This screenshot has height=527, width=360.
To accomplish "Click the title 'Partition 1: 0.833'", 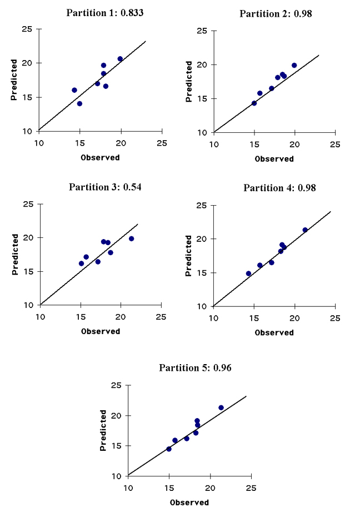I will (104, 13).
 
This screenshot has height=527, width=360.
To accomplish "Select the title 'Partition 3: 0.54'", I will (105, 187).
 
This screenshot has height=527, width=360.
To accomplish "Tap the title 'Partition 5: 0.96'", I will (195, 367).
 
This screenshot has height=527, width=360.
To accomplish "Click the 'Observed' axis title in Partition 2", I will (274, 158).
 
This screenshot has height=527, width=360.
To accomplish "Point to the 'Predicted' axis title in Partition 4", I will (189, 255).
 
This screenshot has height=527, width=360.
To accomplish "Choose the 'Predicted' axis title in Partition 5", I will (103, 430).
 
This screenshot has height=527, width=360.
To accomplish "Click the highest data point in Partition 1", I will (120, 59).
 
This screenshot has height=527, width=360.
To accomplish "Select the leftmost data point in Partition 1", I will (74, 90).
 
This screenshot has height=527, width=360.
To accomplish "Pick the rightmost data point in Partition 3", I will (131, 238).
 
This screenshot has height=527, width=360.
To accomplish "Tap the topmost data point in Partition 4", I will (305, 230).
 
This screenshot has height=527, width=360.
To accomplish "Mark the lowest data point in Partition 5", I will (169, 449).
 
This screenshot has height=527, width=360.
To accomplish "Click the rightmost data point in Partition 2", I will (294, 65).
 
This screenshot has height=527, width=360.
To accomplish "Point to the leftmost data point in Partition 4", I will (248, 274).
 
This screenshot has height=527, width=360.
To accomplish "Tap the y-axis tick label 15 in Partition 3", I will (28, 272).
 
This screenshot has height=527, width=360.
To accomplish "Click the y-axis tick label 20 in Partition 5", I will (116, 415).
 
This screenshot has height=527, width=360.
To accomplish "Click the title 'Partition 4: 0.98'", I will (279, 188).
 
